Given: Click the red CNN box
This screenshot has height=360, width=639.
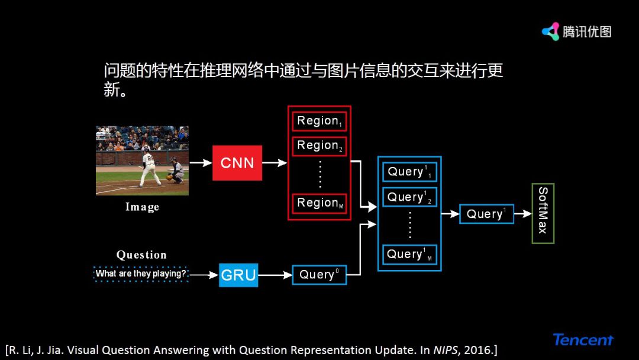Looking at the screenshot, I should [x=237, y=163].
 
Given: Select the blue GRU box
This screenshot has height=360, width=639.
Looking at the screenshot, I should [x=238, y=275].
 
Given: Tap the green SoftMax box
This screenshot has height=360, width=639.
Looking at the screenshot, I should [x=543, y=213].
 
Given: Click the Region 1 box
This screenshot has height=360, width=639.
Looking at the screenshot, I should [x=319, y=121].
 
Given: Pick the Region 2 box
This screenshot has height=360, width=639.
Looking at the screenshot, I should [x=319, y=146].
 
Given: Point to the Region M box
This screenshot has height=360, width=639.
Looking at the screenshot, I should [x=319, y=203].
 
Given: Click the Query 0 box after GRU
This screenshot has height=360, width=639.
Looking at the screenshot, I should [x=319, y=275].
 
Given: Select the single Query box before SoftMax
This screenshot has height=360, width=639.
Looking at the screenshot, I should [x=486, y=214].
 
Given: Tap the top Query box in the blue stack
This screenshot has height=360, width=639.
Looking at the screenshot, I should [x=409, y=172].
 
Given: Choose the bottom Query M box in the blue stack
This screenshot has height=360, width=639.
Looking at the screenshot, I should [x=409, y=255].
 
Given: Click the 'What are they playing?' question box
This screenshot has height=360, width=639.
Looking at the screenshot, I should [x=141, y=274].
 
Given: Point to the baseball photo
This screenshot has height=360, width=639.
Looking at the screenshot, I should [x=142, y=160].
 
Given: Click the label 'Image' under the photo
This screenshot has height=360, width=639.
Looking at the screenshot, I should [x=142, y=207].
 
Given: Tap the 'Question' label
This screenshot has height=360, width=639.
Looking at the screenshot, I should [x=141, y=255].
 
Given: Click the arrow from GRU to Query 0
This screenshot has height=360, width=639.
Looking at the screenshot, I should [x=275, y=275].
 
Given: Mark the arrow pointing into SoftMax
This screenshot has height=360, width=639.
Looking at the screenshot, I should [x=523, y=214].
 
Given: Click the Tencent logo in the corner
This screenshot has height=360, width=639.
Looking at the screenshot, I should [x=583, y=340].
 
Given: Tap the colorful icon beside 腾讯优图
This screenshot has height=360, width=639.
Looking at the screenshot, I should [x=551, y=31].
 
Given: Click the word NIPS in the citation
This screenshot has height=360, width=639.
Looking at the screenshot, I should [x=442, y=349].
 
